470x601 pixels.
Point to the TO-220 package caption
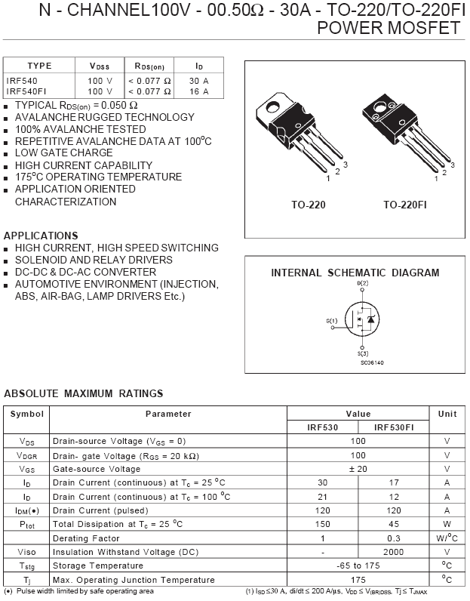[x=309, y=205]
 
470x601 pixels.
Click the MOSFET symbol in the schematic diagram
[x=362, y=321]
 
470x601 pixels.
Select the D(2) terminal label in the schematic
[x=362, y=283]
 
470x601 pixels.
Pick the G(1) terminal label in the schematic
[x=332, y=321]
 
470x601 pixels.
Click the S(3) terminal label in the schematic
[x=363, y=353]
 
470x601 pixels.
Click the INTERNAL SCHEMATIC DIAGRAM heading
[x=355, y=273]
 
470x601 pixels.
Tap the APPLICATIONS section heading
[x=41, y=236]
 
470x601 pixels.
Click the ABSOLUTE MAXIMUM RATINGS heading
[x=84, y=393]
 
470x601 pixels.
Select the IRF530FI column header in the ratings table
[x=393, y=427]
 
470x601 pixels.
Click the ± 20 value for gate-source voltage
[x=358, y=469]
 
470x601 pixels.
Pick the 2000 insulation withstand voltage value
[x=393, y=552]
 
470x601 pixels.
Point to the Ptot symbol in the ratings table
[x=27, y=524]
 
